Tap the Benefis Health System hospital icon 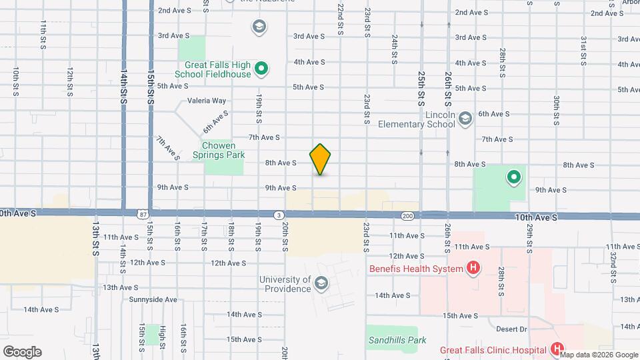pos(473,269)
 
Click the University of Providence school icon pos(321,285)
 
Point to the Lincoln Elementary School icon pos(465,119)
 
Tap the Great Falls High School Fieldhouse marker pos(262,68)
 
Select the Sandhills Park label pos(397,340)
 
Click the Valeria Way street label pos(207,101)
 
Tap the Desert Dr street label pos(512,329)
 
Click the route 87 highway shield pos(143,215)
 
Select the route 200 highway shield pos(408,216)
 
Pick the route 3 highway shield pos(278,215)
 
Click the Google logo pos(22,352)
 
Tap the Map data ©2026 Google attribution pos(594,355)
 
